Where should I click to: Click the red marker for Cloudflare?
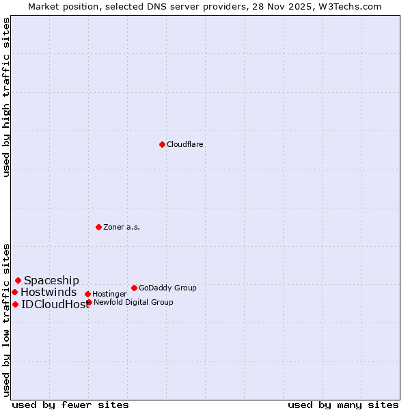(162, 144)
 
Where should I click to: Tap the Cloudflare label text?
(184, 145)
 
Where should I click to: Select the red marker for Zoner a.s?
(98, 227)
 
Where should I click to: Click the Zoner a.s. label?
(122, 227)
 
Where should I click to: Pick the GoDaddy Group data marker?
(134, 288)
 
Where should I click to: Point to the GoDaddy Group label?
(167, 288)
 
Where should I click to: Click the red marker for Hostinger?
(87, 294)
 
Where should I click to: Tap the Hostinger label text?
(109, 294)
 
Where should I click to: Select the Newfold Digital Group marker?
(89, 302)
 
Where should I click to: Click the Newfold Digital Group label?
(133, 302)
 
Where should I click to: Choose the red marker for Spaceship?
(18, 280)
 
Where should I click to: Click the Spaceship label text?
(51, 280)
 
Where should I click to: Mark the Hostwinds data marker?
(14, 292)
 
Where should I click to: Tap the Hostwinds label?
(49, 292)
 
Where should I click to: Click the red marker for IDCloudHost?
(15, 304)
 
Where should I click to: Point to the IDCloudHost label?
(55, 305)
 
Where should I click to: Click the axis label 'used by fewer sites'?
(70, 405)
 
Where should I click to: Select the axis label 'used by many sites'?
(343, 405)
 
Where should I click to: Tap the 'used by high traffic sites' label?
(6, 97)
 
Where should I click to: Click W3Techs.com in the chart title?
(348, 6)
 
